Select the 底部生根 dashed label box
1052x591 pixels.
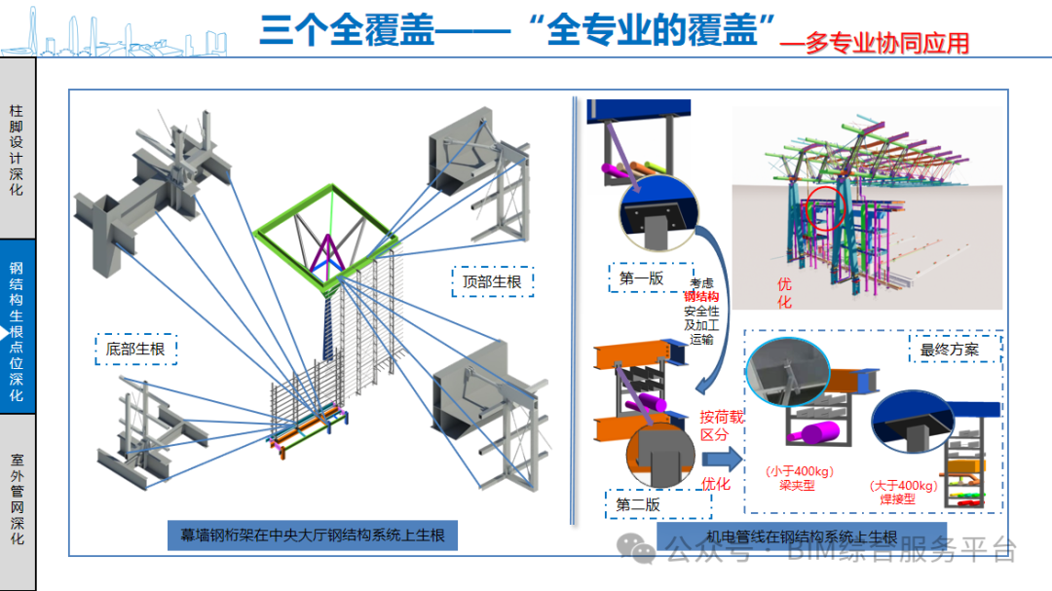click(136, 348)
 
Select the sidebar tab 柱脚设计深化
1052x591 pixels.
click(17, 150)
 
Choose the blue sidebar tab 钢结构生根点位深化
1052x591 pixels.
click(17, 331)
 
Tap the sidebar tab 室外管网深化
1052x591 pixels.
click(17, 499)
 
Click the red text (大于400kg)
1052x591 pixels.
click(903, 485)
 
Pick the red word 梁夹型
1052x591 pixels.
click(797, 485)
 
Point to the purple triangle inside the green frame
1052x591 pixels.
click(327, 252)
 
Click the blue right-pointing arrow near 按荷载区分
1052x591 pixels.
click(727, 456)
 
